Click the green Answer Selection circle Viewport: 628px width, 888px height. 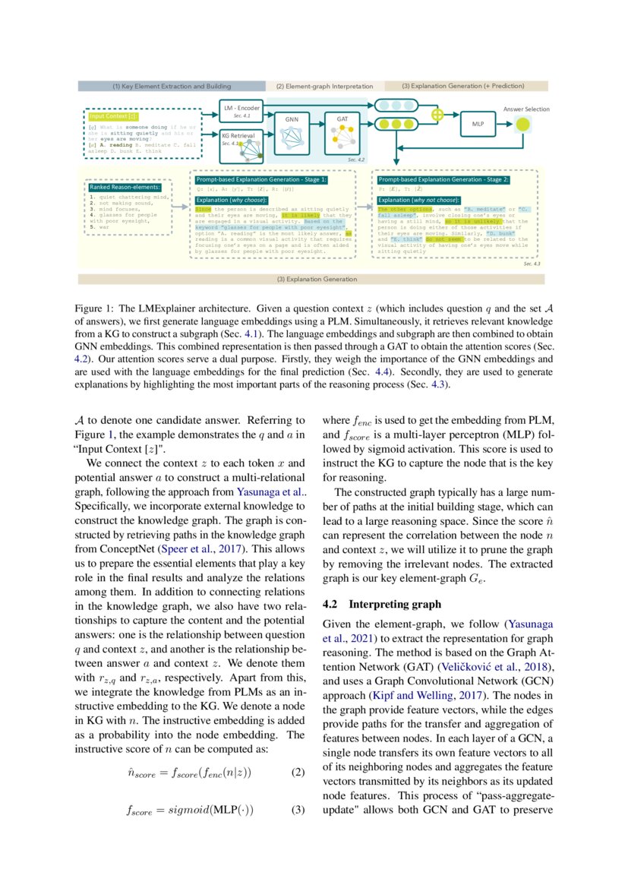(x=522, y=124)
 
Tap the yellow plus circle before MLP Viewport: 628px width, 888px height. (x=437, y=115)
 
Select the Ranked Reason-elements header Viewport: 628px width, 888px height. (x=125, y=187)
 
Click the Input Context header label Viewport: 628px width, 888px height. (x=112, y=116)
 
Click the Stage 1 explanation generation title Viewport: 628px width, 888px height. (x=261, y=179)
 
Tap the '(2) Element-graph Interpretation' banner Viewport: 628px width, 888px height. (x=324, y=87)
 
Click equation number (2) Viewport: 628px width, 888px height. (x=298, y=773)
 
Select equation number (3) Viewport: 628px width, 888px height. (x=298, y=810)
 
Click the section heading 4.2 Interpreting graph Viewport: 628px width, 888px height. (x=377, y=604)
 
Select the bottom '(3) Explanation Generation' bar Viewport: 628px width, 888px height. (x=311, y=279)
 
